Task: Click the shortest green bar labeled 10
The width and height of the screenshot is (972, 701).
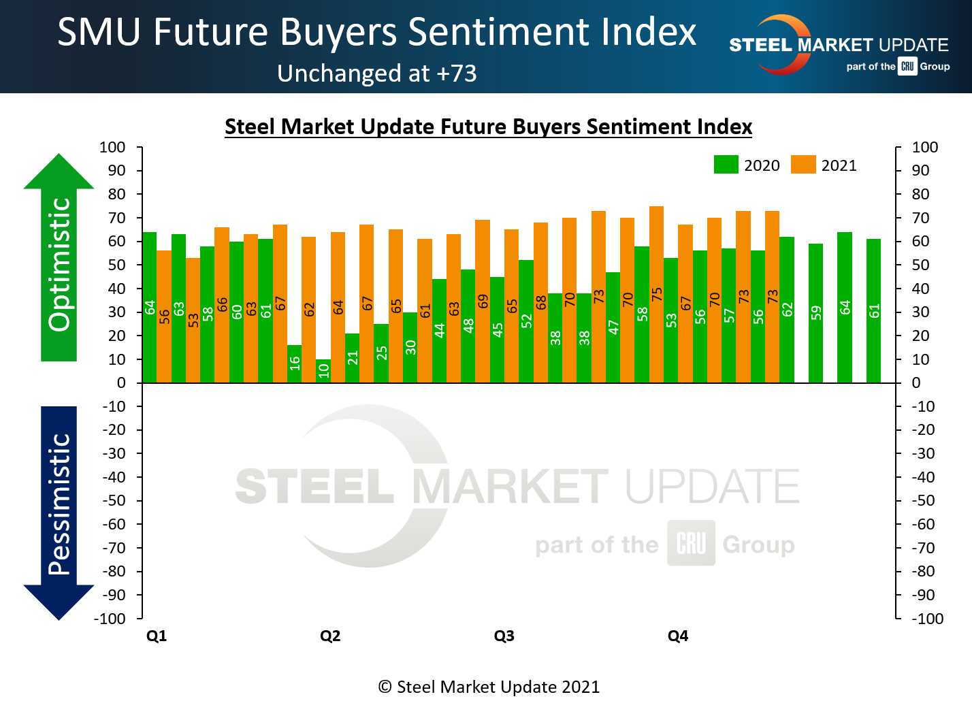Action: click(323, 371)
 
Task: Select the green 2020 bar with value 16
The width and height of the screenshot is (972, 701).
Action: click(294, 364)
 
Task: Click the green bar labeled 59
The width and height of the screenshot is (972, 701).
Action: click(815, 313)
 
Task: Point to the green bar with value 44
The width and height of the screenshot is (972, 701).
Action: click(439, 331)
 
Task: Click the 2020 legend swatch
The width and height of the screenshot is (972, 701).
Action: click(726, 165)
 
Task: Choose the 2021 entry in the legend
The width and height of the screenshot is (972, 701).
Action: click(824, 165)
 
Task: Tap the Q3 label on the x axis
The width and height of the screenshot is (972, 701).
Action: click(504, 636)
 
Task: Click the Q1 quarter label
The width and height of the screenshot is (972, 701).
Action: click(157, 636)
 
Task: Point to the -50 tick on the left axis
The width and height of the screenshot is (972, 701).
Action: click(114, 500)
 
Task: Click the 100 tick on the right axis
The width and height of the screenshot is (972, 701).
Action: click(925, 147)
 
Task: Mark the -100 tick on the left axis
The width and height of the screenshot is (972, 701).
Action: click(110, 619)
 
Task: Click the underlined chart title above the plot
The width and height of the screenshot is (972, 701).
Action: click(488, 127)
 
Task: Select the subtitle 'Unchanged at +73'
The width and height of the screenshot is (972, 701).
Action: click(377, 74)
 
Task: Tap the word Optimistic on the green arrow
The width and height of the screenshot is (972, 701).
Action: click(60, 264)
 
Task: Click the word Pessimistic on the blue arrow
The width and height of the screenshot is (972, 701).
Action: click(60, 504)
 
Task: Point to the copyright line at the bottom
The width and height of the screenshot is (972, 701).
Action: click(488, 687)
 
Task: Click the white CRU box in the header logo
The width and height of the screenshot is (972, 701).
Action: click(907, 67)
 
